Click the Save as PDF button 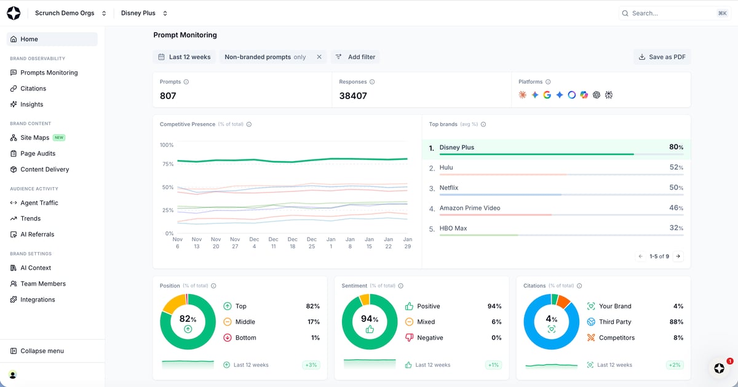coord(662,57)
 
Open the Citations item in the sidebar coord(33,89)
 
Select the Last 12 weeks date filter coord(184,57)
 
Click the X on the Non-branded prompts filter coord(319,57)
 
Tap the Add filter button coord(355,57)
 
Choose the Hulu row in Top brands coord(556,168)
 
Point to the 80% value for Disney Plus coord(676,148)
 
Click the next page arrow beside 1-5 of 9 coord(678,257)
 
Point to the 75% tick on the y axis coord(167,164)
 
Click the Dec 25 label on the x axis coord(312,242)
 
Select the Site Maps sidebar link coord(34,138)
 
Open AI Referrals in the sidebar coord(37,234)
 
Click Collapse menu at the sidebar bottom coord(42,351)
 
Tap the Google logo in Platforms coord(547,95)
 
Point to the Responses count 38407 coord(353,96)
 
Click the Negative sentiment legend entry coord(430,338)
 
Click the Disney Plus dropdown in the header coord(144,13)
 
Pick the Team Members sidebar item coord(42,284)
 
